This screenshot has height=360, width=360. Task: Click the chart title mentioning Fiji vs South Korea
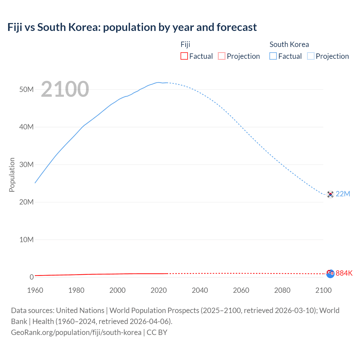(x=132, y=27)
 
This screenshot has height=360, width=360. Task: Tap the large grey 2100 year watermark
(x=65, y=89)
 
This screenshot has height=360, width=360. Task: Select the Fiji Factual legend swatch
(x=184, y=56)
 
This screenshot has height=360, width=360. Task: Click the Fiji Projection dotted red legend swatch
(x=222, y=56)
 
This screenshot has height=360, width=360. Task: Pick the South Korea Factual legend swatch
(x=273, y=56)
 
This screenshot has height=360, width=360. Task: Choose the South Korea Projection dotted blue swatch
(x=310, y=56)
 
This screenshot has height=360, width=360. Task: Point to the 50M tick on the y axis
(x=26, y=89)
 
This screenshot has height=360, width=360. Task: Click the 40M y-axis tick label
(x=26, y=127)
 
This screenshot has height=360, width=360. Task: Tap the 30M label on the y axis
(x=26, y=165)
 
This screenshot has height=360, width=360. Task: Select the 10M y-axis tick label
(x=26, y=240)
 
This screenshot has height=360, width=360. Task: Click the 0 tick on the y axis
(x=31, y=277)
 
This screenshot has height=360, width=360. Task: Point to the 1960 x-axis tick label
(x=35, y=290)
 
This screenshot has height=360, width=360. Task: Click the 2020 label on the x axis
(x=159, y=290)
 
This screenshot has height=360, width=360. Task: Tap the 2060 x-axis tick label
(x=241, y=290)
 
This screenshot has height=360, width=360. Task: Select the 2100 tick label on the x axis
(x=323, y=290)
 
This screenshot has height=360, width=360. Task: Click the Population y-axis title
(x=12, y=175)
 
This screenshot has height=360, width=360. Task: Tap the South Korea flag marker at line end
(x=330, y=194)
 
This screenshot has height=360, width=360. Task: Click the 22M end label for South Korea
(x=343, y=194)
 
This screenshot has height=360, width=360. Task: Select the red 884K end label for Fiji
(x=344, y=273)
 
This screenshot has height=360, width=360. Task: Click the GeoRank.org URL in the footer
(x=76, y=332)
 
